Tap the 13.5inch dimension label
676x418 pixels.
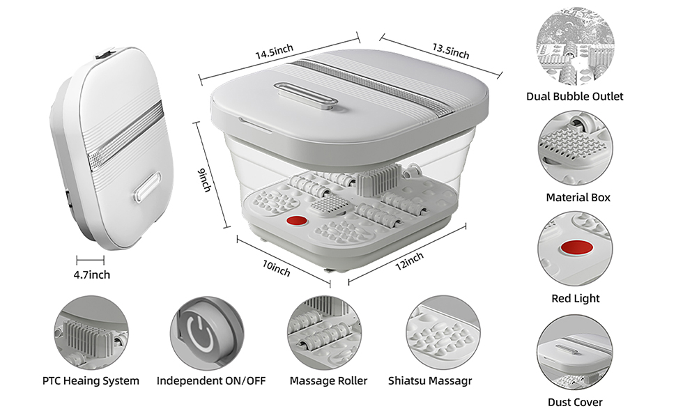[451, 51]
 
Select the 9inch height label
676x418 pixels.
[204, 180]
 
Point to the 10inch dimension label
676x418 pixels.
[277, 268]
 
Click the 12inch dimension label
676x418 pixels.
[410, 261]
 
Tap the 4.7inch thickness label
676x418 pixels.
[92, 274]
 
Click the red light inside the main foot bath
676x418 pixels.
[297, 221]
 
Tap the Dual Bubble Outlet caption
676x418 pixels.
[575, 96]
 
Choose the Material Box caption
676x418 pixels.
[578, 197]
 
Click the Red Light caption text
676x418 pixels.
[576, 298]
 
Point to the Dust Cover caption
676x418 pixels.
[575, 402]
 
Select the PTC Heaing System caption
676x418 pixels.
[91, 381]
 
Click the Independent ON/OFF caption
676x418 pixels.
[211, 381]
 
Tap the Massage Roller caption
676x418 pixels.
[328, 381]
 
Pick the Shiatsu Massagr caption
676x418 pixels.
[430, 381]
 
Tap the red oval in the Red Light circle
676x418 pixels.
[577, 249]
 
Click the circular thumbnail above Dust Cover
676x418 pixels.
[575, 352]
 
